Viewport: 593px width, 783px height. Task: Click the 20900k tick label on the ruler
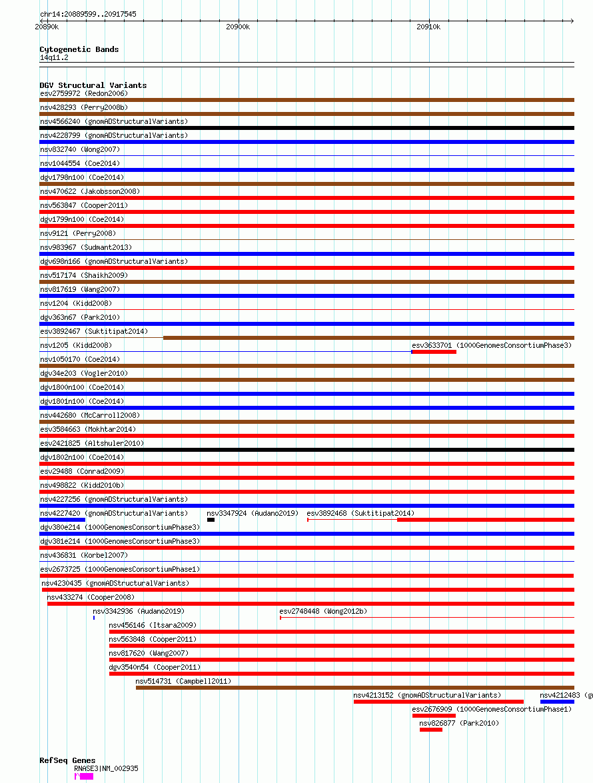coord(237,27)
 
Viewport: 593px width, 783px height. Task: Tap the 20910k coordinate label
coord(428,27)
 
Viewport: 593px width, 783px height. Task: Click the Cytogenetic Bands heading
coord(79,49)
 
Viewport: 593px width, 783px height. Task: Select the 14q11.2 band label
coord(53,57)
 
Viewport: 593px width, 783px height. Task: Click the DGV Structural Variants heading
coord(93,85)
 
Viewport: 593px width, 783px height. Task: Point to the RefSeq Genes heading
coord(67,760)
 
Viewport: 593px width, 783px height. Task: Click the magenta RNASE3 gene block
coord(86,776)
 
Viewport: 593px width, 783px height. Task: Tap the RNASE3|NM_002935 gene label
coord(106,768)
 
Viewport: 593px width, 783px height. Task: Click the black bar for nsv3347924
coord(211,520)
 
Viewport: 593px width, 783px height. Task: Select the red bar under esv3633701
coord(434,352)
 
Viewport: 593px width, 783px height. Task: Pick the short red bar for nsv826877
coord(430,730)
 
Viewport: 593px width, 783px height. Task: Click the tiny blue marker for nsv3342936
coord(94,618)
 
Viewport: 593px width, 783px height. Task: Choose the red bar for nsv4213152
coord(438,702)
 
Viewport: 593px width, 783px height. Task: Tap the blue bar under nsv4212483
coord(557,702)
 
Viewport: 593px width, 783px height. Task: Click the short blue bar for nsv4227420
coord(63,520)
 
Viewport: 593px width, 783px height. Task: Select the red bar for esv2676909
coord(433,716)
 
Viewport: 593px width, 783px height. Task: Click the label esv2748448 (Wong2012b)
coord(323,611)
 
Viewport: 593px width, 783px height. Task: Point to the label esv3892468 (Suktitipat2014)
coord(360,513)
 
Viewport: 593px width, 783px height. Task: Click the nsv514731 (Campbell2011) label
coord(183,681)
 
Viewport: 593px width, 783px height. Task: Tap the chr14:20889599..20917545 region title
coord(88,14)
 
